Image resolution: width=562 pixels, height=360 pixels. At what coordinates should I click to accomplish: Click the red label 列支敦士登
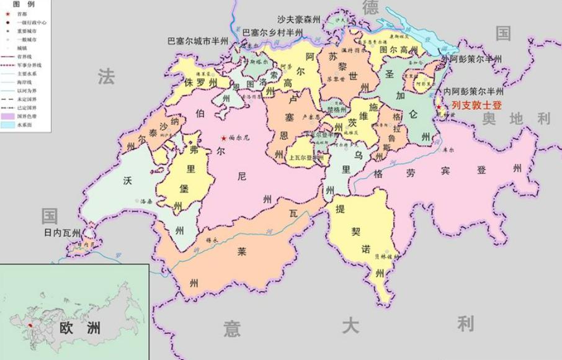click(476, 106)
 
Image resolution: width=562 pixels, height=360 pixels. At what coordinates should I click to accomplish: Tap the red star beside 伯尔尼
click(223, 138)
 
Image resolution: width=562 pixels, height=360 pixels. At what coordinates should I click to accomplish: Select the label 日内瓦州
click(63, 233)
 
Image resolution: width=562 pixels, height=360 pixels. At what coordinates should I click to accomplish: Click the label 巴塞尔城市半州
click(198, 41)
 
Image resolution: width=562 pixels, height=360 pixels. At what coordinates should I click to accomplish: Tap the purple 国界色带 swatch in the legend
click(8, 116)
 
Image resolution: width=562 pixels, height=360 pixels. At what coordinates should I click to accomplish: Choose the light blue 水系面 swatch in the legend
click(8, 125)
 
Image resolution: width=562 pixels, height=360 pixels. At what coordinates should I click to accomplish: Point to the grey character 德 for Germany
click(370, 7)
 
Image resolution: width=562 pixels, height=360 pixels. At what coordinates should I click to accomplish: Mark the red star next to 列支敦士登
click(440, 107)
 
